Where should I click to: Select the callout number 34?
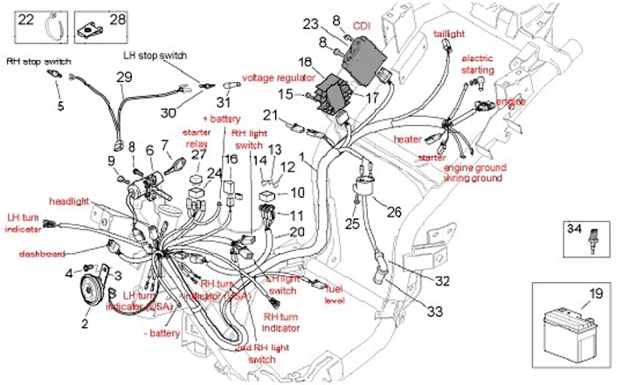(x=573, y=229)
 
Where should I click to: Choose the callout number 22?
(x=27, y=18)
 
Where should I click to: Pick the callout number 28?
(x=116, y=18)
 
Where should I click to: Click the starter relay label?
(x=197, y=137)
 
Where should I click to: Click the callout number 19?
(x=594, y=294)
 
